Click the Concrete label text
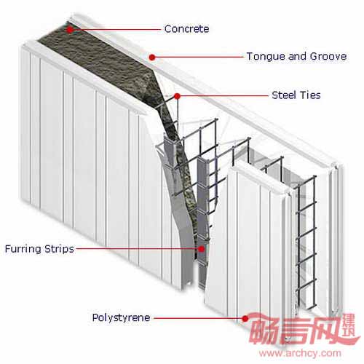click(186, 29)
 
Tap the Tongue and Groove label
click(296, 57)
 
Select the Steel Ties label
click(296, 95)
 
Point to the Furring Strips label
click(39, 249)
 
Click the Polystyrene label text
click(121, 318)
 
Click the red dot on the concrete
click(70, 30)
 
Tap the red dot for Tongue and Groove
click(152, 58)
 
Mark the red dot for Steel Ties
click(178, 96)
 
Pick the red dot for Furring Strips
click(202, 249)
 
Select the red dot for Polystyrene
click(245, 318)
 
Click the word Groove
click(328, 57)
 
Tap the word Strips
click(59, 249)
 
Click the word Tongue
click(266, 57)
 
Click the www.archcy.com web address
click(300, 353)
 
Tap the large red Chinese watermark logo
click(304, 329)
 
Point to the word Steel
click(285, 95)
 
